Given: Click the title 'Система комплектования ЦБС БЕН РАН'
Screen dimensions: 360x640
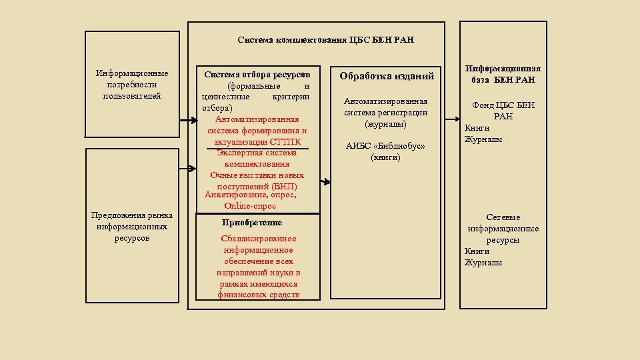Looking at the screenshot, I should click(x=325, y=40).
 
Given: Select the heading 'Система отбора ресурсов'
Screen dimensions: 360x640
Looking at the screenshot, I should click(x=257, y=74).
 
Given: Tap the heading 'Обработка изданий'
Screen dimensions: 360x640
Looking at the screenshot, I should click(x=387, y=76).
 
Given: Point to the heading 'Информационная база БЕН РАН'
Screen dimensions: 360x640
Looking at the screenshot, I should click(x=503, y=74).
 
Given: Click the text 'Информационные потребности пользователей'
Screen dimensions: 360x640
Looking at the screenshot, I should click(x=132, y=85).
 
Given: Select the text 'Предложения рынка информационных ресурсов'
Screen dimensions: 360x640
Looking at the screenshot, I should click(x=132, y=227).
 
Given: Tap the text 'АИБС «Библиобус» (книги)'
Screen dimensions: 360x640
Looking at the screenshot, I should click(x=385, y=152).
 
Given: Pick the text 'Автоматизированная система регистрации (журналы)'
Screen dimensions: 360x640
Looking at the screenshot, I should click(x=385, y=113).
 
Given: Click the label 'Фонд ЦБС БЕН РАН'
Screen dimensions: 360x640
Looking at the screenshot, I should click(x=503, y=111).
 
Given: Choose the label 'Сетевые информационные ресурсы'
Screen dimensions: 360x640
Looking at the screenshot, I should click(x=503, y=229).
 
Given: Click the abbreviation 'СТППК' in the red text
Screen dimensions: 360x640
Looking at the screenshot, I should click(x=285, y=142).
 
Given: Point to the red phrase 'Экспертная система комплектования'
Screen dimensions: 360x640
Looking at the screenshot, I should click(x=257, y=158).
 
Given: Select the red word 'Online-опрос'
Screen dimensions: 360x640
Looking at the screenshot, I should click(x=251, y=206).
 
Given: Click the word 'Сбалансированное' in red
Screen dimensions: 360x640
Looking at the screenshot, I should click(x=258, y=239).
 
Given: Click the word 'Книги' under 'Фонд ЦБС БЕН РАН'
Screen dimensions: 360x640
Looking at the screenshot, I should click(x=477, y=128).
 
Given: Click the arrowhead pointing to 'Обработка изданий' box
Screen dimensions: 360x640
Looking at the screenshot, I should click(x=328, y=182).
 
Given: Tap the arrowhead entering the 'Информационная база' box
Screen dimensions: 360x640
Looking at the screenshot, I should click(x=458, y=117).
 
